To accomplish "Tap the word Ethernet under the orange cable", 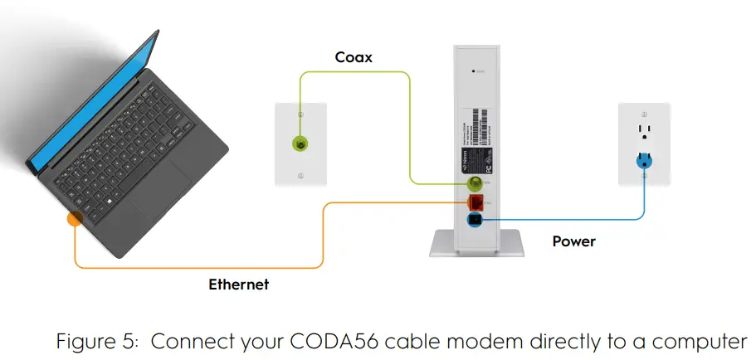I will coord(238,285).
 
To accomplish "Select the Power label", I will coord(573,241).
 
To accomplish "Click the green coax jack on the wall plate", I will coord(300,144).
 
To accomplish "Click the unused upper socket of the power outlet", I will coord(644,132).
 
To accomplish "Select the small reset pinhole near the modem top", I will coord(473,72).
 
